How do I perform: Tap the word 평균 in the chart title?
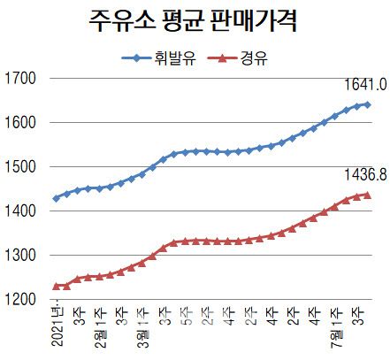click(x=191, y=21)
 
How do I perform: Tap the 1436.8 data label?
click(x=364, y=175)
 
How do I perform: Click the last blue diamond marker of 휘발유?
click(x=367, y=104)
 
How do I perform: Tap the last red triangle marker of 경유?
click(x=367, y=195)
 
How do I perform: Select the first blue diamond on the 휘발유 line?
click(x=57, y=198)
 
